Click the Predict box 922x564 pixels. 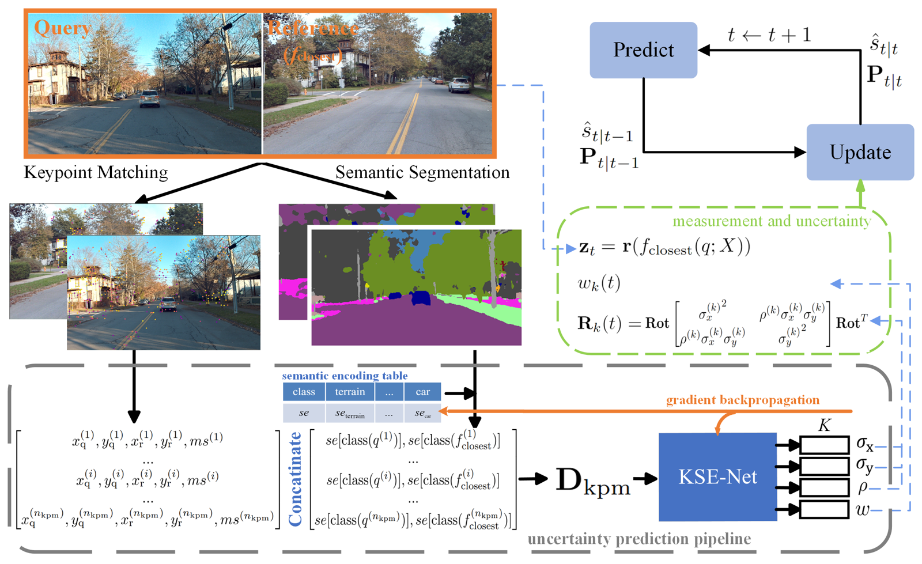click(x=643, y=50)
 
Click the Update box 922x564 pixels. click(x=860, y=152)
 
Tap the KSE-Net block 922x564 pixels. click(x=717, y=477)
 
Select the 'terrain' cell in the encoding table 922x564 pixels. click(x=350, y=392)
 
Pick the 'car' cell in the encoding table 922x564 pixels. click(x=422, y=392)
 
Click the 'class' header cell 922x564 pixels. click(x=304, y=392)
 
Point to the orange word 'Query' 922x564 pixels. click(x=62, y=28)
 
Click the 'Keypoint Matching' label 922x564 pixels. click(x=96, y=172)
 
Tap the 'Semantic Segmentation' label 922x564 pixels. click(x=422, y=172)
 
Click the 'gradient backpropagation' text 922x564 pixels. click(x=742, y=400)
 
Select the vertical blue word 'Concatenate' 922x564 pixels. click(x=295, y=479)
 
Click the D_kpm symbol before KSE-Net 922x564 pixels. click(x=593, y=481)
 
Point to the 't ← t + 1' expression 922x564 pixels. click(x=769, y=35)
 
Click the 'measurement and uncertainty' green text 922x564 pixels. click(x=771, y=221)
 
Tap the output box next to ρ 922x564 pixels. click(x=824, y=487)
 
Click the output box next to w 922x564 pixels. click(x=824, y=509)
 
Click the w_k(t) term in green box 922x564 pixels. click(x=599, y=283)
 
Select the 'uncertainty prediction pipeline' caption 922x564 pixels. click(x=639, y=539)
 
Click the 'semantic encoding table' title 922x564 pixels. click(x=345, y=376)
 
